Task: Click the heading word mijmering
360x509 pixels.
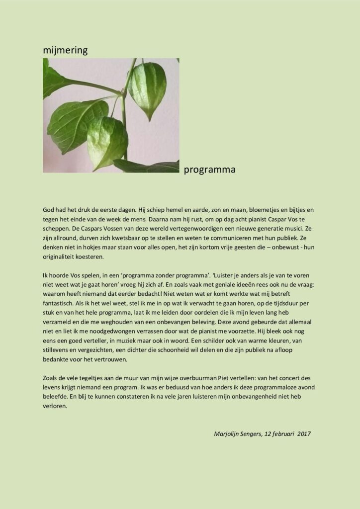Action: [65, 50]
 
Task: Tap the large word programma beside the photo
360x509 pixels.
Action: [209, 170]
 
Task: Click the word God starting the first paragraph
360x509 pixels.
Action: [49, 210]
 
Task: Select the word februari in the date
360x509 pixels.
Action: [280, 433]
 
